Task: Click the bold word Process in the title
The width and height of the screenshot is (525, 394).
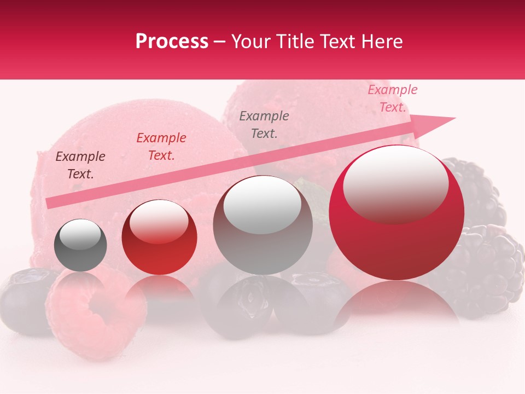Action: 172,42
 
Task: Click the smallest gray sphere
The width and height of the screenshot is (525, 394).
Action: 80,245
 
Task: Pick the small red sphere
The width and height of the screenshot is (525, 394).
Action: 159,238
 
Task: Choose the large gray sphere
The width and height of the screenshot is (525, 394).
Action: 262,225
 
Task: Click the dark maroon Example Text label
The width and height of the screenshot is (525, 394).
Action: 80,165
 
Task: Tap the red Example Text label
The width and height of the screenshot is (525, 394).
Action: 161,147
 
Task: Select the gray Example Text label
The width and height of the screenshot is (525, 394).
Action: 264,124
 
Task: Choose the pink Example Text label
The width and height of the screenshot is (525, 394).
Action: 392,98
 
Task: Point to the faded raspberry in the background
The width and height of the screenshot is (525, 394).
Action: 96,312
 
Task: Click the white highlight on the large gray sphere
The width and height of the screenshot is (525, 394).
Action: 262,204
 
